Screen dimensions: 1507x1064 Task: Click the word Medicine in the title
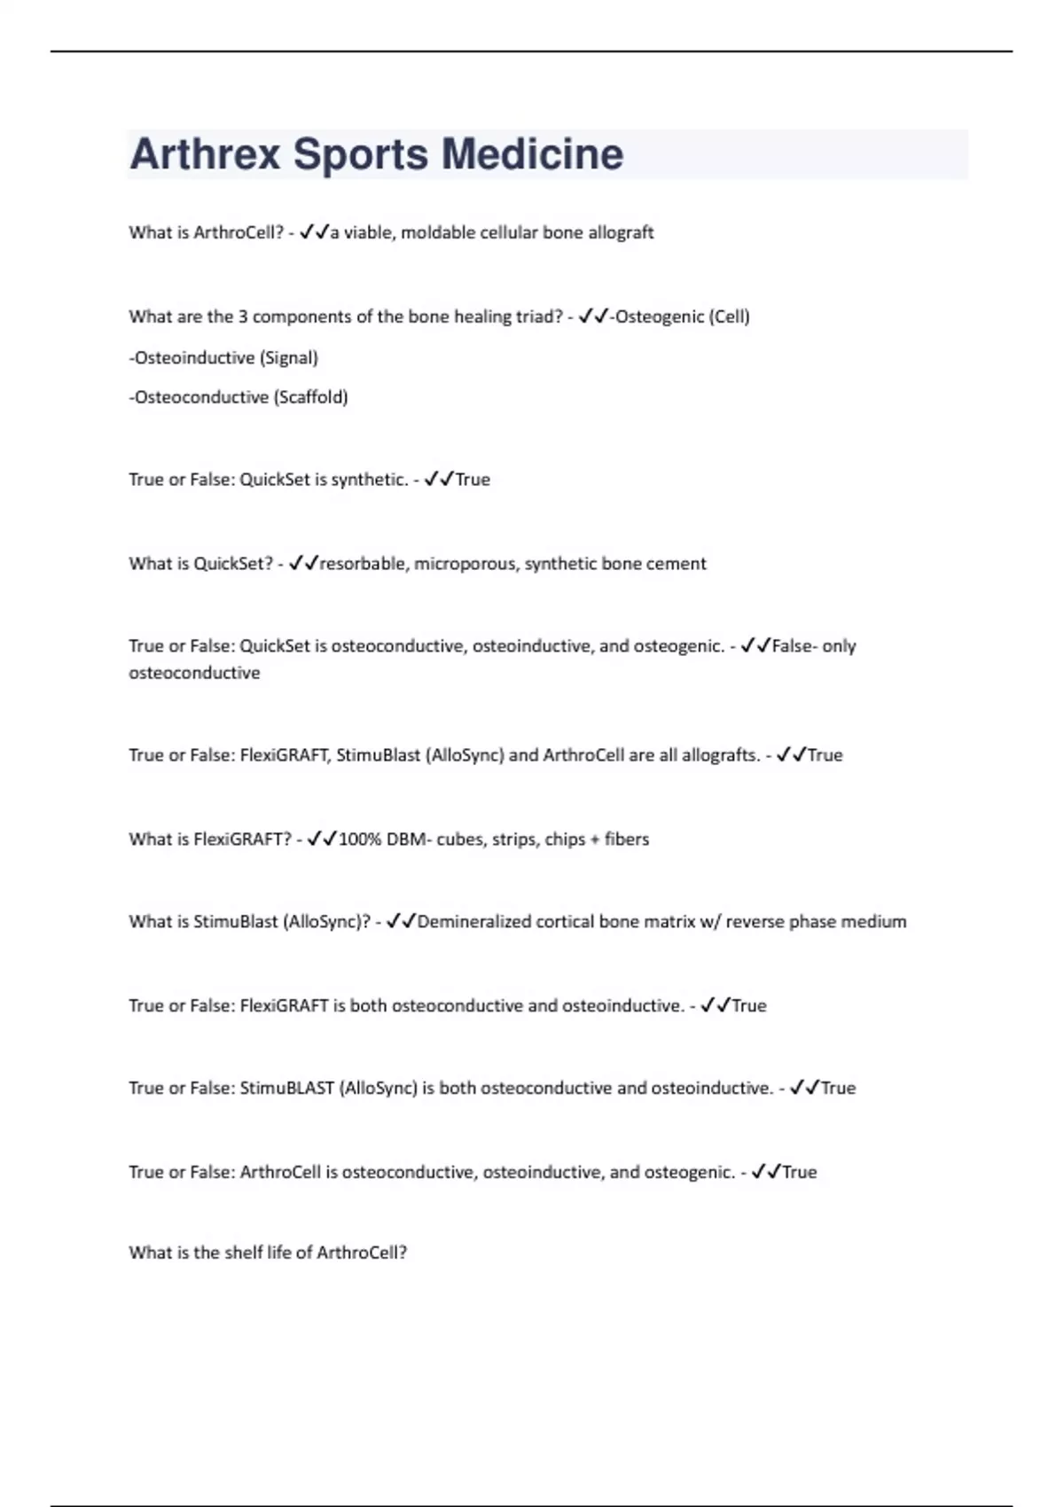[532, 154]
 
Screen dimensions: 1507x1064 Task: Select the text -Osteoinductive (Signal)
[223, 358]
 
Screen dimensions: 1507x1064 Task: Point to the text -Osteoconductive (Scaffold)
[239, 397]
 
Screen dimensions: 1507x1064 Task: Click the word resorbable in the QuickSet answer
[364, 564]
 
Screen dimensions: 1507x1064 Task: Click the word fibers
[627, 839]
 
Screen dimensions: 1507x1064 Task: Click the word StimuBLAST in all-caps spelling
[286, 1089]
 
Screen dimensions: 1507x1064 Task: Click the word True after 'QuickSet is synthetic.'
[473, 480]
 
